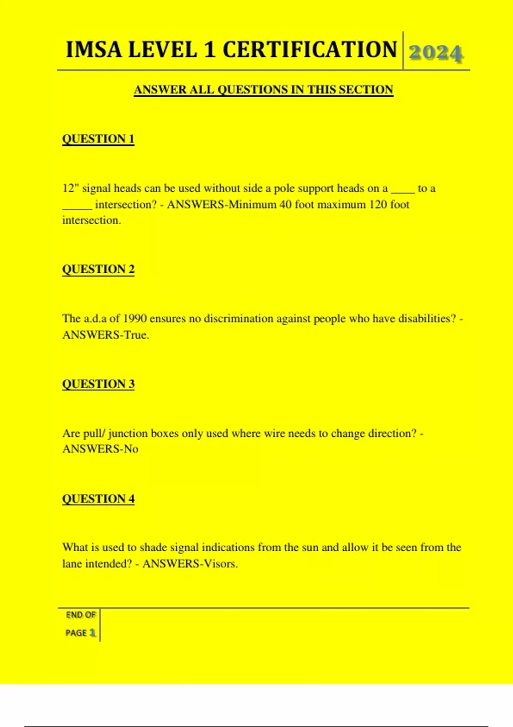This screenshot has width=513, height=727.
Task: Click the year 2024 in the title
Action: click(x=436, y=53)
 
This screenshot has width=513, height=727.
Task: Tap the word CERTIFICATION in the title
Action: click(x=310, y=50)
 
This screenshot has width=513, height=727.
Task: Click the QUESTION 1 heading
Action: click(x=98, y=139)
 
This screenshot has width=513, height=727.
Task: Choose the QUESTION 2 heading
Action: click(x=98, y=269)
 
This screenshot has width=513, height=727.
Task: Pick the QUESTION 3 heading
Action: click(x=98, y=384)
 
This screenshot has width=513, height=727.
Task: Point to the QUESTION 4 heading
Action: click(x=98, y=499)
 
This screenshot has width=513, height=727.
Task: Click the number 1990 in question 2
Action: click(x=135, y=319)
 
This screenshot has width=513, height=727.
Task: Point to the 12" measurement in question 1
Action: click(x=71, y=188)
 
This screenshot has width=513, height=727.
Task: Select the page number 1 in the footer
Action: click(x=92, y=632)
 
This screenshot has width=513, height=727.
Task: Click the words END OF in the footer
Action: click(x=81, y=615)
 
